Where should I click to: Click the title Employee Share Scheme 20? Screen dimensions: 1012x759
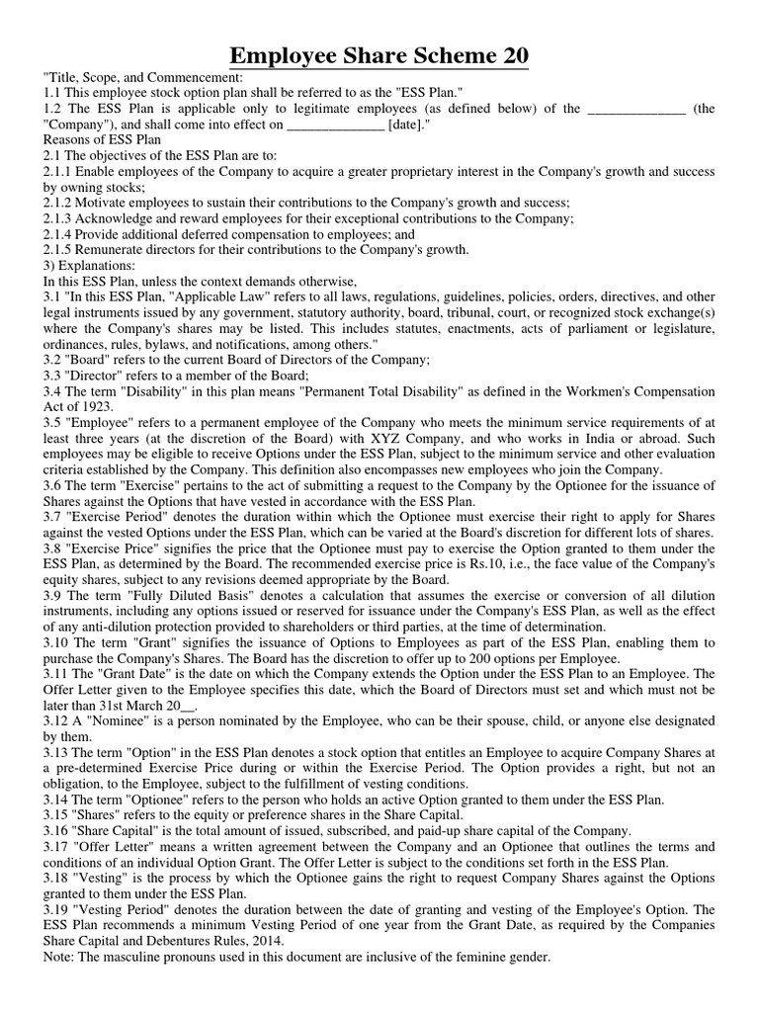[x=379, y=55]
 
